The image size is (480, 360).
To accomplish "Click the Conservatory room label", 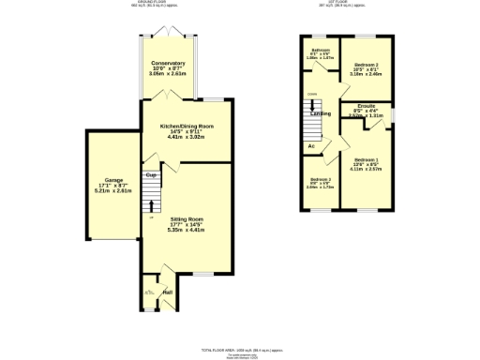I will pos(168,63).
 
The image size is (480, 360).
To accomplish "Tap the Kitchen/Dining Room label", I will pos(186,126).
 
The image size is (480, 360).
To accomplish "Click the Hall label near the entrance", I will pos(168,292).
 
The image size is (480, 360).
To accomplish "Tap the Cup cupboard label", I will pos(149,173).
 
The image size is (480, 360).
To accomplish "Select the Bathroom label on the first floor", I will pos(321,50).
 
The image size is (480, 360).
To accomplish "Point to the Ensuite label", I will pos(366,106).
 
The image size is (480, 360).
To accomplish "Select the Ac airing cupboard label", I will pos(310,146).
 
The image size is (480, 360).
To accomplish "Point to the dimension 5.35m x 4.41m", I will pos(186,231).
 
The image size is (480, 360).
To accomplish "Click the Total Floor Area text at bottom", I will pos(240,349).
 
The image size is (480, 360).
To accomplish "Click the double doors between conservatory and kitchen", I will pos(169,96).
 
